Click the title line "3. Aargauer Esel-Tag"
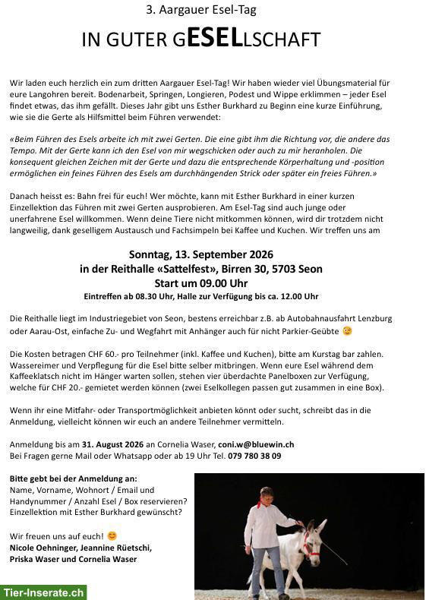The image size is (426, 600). pos(201,11)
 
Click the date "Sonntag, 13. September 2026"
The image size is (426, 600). pos(201,254)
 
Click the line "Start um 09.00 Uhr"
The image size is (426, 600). pos(201,283)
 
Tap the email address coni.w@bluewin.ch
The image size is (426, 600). pos(256,444)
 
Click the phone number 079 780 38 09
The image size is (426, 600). pos(254,456)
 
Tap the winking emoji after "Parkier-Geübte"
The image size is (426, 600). pos(348,331)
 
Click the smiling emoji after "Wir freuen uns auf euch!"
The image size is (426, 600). pos(112,536)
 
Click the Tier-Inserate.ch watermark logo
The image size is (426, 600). pos(43,592)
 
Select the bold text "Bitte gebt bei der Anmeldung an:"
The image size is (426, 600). pos(74,478)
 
